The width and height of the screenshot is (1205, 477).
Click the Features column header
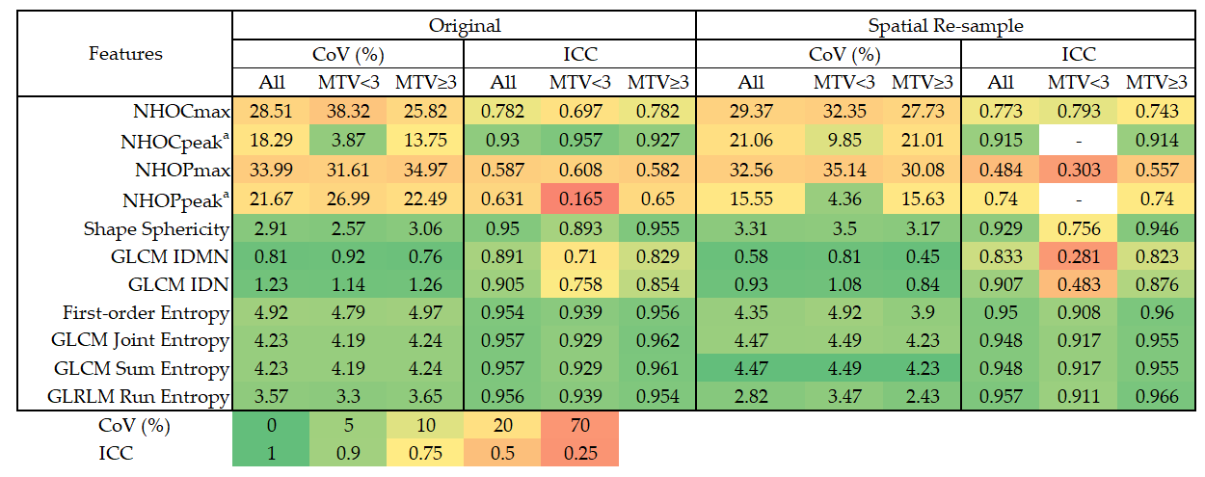coord(125,54)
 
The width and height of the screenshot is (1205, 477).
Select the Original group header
coord(465,26)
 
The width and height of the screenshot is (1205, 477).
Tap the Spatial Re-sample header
coord(945,26)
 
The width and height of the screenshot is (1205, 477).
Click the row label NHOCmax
coord(182,112)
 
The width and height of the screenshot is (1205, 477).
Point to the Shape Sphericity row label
coord(156,229)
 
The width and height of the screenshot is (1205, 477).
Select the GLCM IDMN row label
coord(170,256)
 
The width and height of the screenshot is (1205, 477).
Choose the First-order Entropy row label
coord(147,313)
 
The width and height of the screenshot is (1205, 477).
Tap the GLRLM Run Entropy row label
coord(138,397)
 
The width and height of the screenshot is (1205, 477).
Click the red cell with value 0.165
coord(580,199)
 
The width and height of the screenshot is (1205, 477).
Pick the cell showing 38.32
coord(348,112)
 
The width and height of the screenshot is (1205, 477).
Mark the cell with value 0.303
coord(1079,170)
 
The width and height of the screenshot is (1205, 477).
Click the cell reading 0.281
coord(1079,256)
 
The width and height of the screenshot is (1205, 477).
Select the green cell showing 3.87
coord(348,141)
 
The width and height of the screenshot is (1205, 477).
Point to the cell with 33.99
coord(271,170)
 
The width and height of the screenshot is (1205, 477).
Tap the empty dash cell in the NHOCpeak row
coord(1079,141)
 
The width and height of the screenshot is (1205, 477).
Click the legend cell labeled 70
coord(580,425)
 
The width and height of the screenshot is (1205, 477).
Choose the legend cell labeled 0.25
coord(580,453)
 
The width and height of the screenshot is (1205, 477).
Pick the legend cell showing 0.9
coord(348,453)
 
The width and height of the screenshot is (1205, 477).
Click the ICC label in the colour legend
coord(116,453)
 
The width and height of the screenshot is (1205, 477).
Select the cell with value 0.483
coord(1079,284)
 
